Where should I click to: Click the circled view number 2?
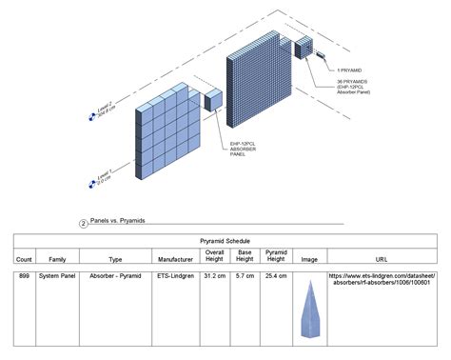[83, 223]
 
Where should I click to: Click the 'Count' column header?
[25, 259]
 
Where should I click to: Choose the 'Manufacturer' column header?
[176, 259]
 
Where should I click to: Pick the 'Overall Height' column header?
[215, 255]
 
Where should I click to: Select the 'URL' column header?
[382, 259]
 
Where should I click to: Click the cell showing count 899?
[25, 277]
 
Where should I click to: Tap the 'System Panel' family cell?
[57, 277]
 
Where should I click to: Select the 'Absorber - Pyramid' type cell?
[115, 277]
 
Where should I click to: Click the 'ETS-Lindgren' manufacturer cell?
[176, 277]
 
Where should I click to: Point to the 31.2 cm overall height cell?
[215, 277]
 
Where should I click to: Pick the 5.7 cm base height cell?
[245, 277]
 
